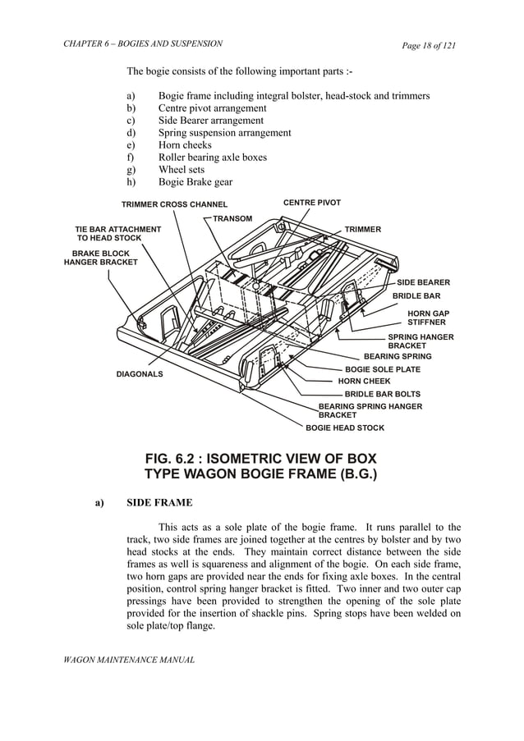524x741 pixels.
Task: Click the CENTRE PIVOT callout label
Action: tap(311, 202)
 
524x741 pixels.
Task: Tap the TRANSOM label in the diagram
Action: tap(232, 218)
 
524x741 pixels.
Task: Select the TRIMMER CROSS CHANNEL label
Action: tap(174, 204)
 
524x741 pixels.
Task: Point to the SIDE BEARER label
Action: tap(423, 282)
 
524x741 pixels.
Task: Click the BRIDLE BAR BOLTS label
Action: tap(382, 394)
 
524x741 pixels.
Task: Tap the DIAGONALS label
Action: tap(139, 374)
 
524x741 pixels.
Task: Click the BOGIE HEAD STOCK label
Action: tap(344, 428)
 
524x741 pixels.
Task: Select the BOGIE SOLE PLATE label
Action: tap(382, 369)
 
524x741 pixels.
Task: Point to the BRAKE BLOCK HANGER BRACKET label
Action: tap(101, 258)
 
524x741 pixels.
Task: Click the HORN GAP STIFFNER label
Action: tap(428, 318)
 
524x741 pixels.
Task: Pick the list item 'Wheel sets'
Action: tap(182, 170)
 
